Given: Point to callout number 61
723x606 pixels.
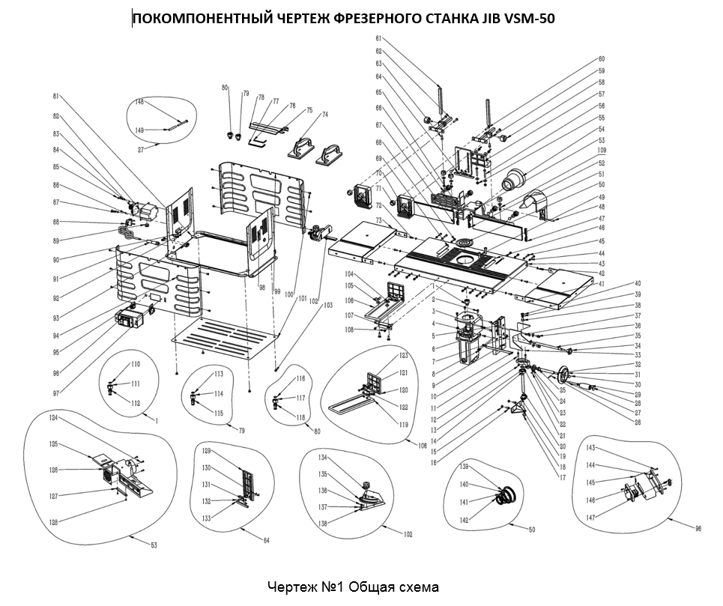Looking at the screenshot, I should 379,39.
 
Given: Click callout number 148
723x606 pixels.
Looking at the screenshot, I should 139,102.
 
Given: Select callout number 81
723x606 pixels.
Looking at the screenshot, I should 55,96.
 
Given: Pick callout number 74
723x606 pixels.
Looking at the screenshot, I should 325,115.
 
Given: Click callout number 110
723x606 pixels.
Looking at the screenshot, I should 136,364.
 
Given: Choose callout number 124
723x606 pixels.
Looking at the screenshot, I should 54,417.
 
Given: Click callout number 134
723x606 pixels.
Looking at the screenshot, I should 324,457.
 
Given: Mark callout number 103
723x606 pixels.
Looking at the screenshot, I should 327,306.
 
